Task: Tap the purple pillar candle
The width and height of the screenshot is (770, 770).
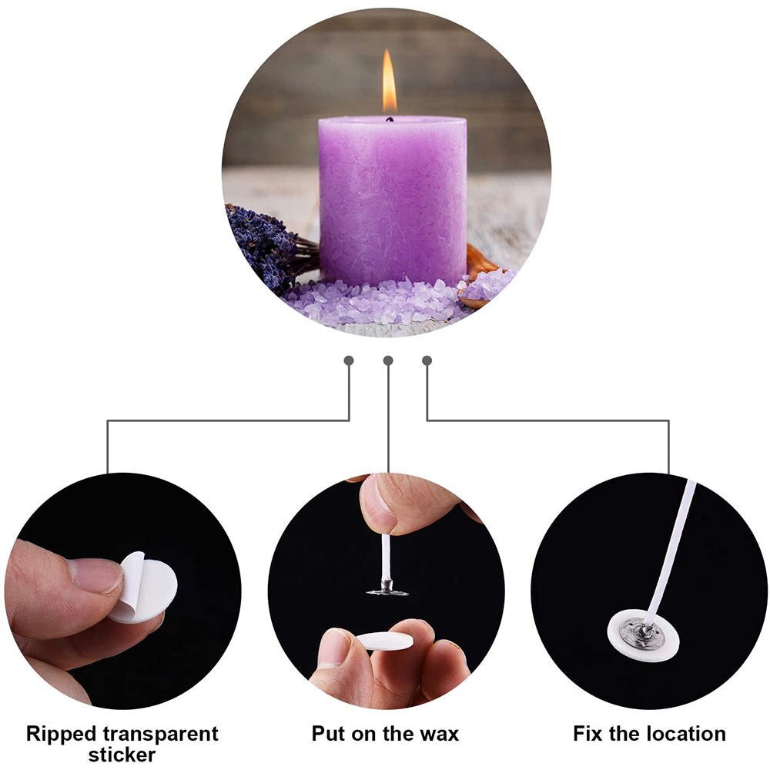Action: pos(392,200)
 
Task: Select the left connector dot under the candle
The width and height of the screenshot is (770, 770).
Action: pos(349,360)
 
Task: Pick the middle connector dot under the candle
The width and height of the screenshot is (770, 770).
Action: pos(388,360)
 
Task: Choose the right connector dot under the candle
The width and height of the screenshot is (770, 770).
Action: pos(427,360)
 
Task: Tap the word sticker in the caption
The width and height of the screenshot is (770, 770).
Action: pos(122,755)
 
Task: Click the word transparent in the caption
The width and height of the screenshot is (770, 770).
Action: pos(164,733)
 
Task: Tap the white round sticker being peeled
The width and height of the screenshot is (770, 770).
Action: pos(146,589)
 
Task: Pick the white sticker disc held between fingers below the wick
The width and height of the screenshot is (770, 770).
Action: pos(385,641)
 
